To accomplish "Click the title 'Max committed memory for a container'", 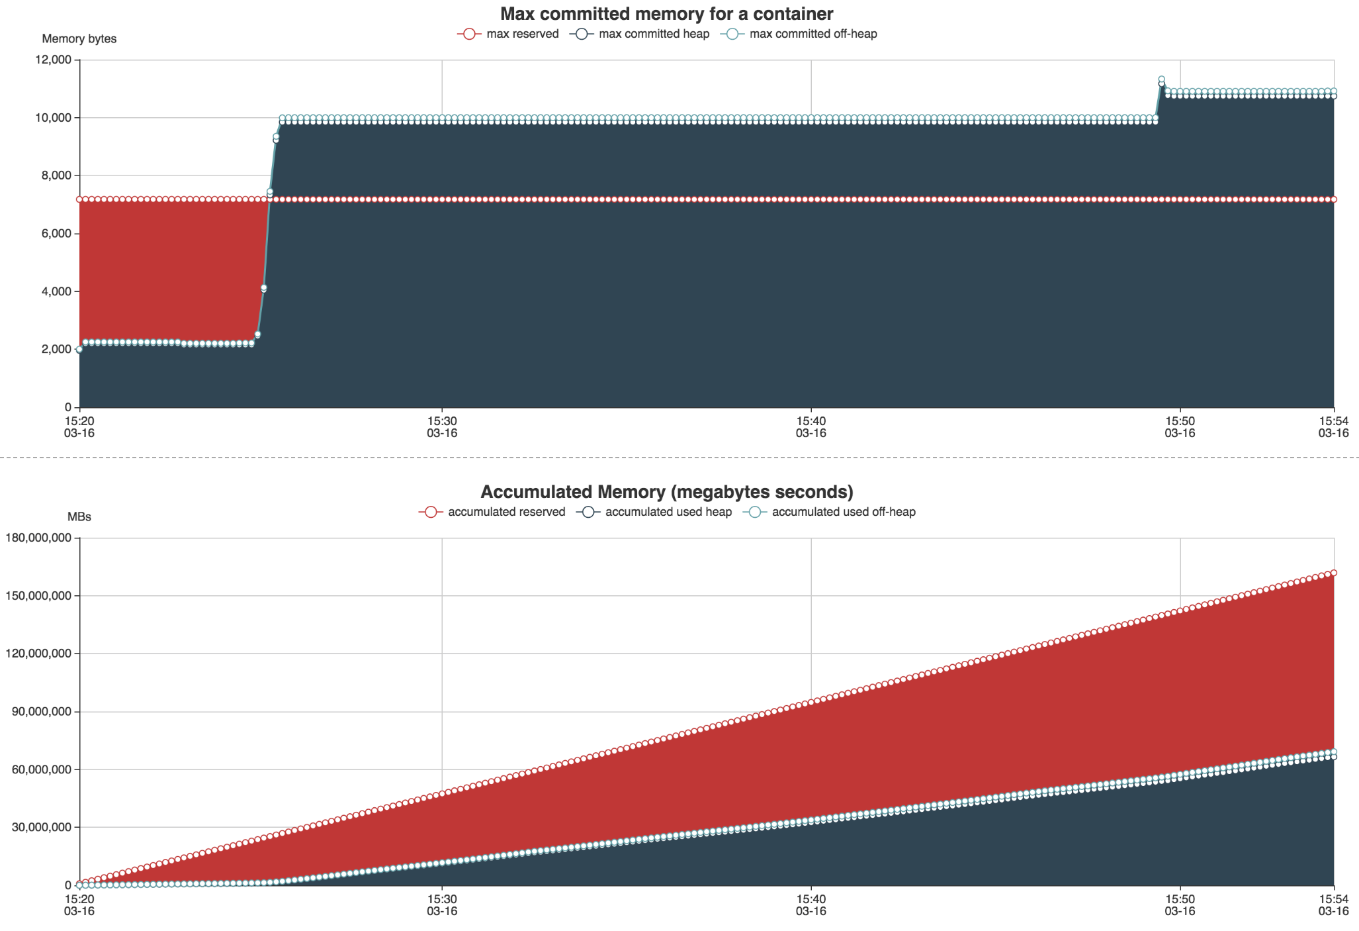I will [666, 14].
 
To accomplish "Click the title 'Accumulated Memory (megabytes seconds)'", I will [666, 492].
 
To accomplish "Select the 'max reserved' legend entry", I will [508, 34].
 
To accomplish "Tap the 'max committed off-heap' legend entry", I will [799, 34].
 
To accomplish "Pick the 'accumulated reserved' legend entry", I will [492, 512].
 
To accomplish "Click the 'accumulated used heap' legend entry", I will [654, 512].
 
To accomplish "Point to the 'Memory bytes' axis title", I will [79, 39].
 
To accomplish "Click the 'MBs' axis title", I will [79, 517].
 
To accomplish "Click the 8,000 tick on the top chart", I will [56, 175].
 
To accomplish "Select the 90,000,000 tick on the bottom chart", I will [42, 712].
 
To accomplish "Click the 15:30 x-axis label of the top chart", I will [442, 426].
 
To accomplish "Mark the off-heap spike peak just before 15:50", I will [1161, 79].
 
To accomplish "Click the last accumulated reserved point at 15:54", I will [1334, 573].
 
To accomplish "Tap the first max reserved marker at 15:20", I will [79, 199].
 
